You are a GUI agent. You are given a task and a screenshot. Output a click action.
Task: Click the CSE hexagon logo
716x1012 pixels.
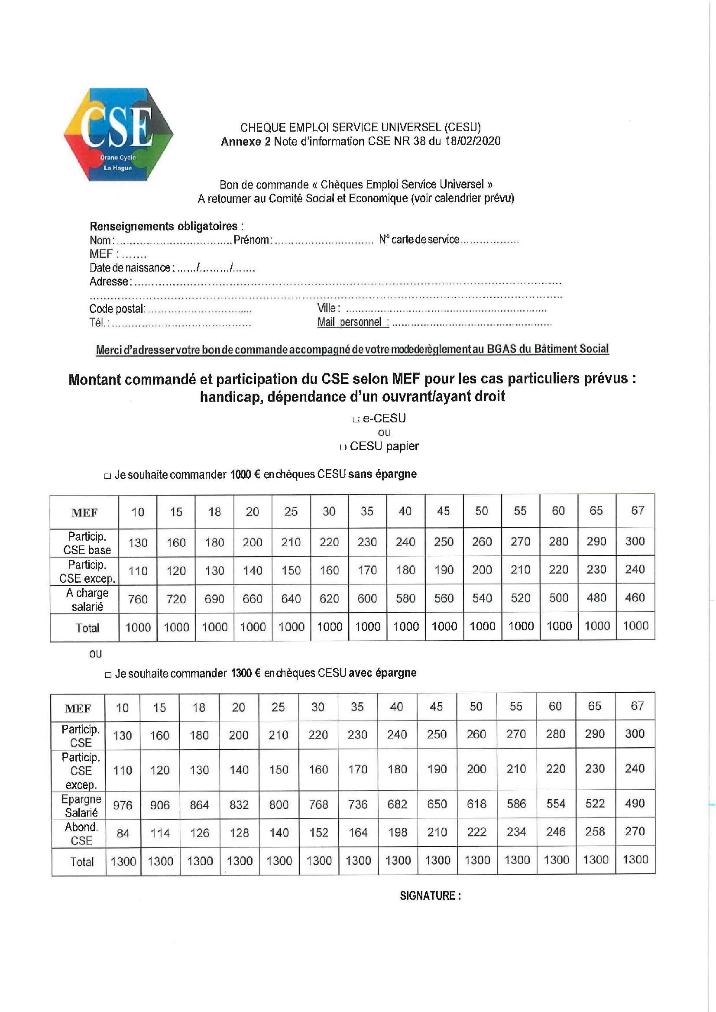point(118,134)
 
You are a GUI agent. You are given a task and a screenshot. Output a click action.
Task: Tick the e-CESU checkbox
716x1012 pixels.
point(356,419)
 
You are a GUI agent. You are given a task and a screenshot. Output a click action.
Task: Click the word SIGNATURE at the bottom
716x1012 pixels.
point(430,895)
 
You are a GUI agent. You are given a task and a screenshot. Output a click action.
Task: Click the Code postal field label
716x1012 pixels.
point(117,309)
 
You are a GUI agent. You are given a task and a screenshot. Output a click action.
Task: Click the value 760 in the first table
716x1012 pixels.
point(138,599)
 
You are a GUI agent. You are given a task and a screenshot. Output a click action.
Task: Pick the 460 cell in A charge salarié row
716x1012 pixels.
point(635,598)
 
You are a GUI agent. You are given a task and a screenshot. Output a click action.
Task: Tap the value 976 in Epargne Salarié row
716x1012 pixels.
point(123,805)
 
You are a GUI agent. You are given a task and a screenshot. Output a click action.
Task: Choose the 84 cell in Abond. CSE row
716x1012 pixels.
point(123,833)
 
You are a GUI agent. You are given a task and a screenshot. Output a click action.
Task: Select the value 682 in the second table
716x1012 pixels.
point(397,804)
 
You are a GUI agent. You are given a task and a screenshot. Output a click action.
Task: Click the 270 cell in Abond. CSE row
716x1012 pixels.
point(635,831)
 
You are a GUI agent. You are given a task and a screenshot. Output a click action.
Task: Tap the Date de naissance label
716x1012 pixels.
point(130,268)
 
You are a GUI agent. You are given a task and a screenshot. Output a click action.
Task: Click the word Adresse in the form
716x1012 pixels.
point(109,281)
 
